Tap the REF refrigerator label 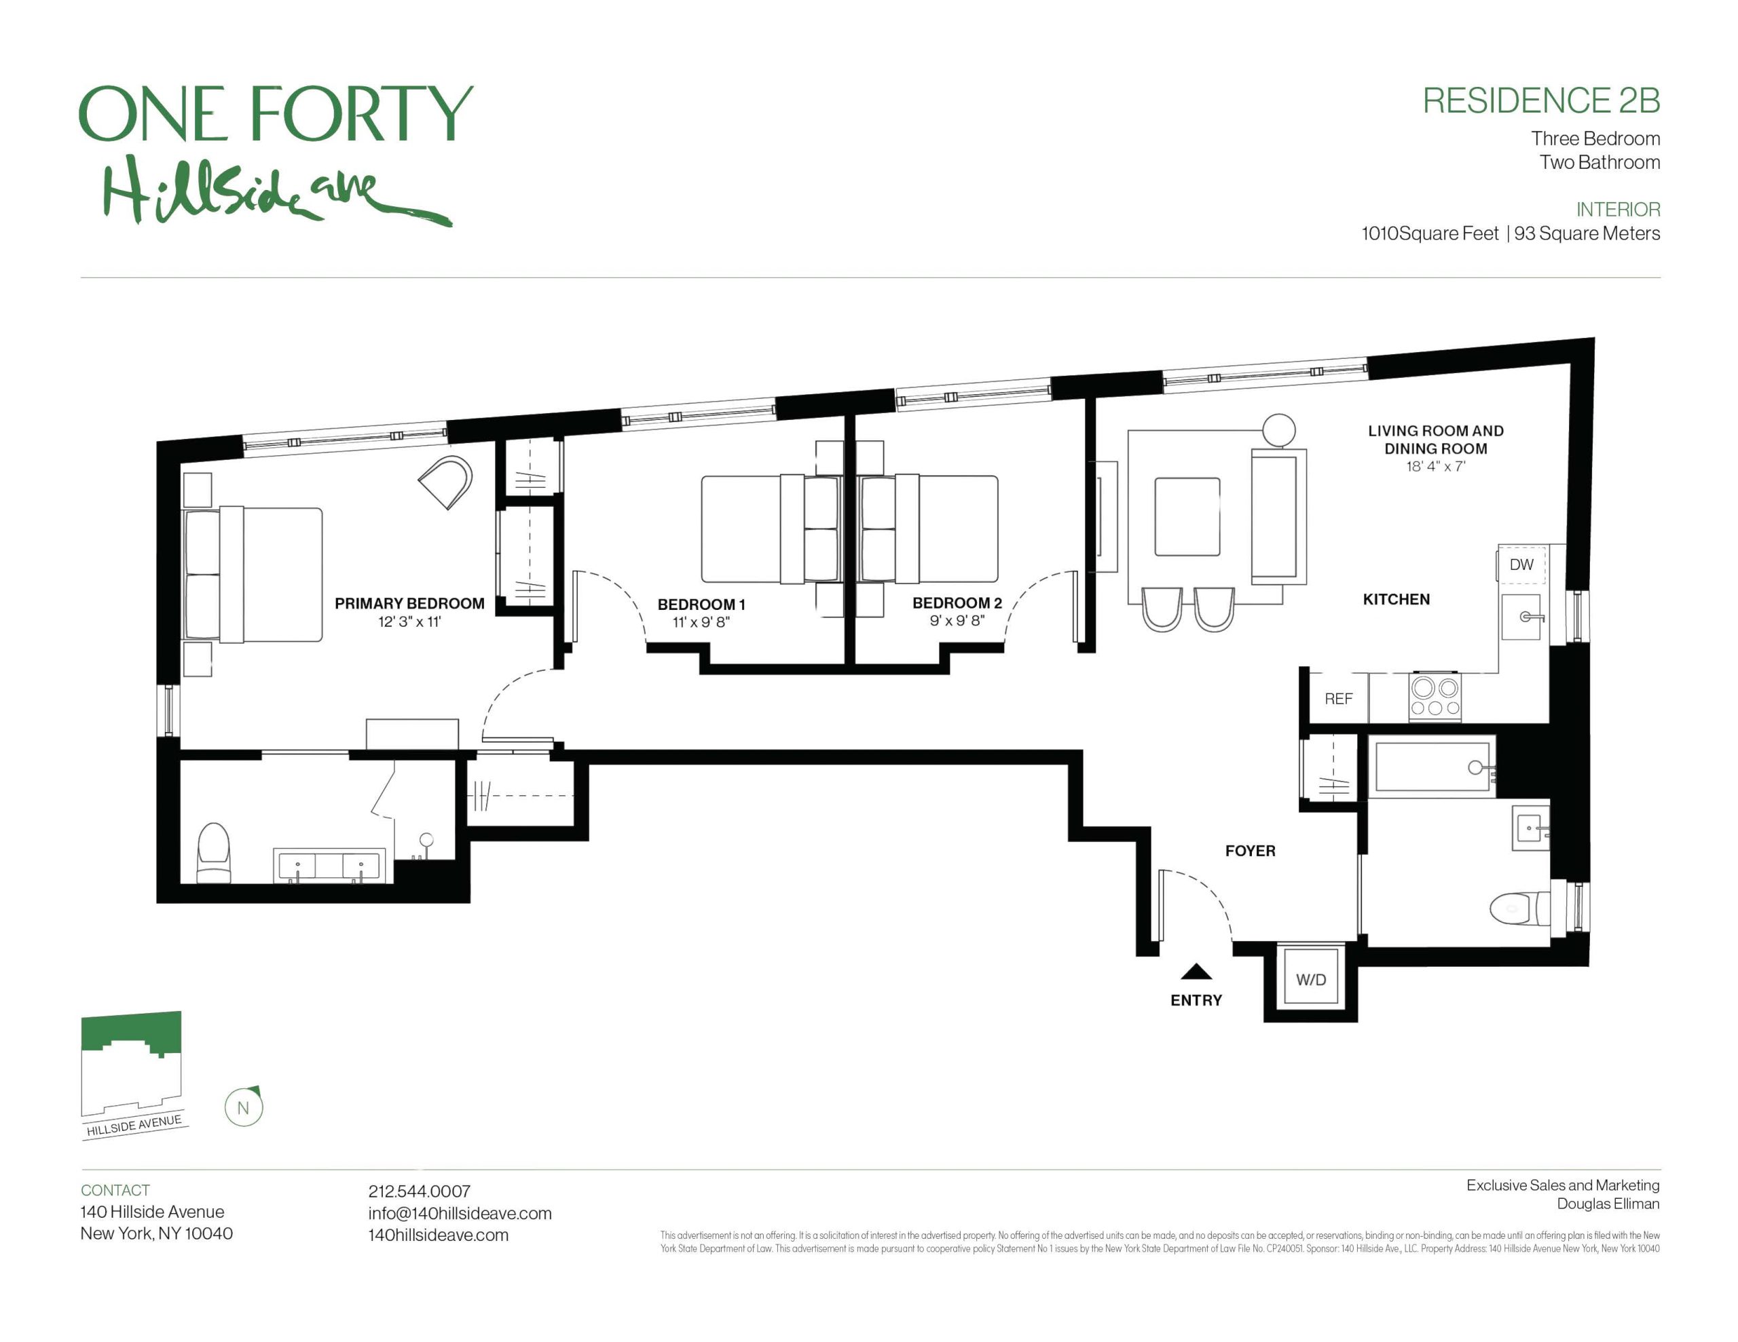1339,698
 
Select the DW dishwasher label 1521,564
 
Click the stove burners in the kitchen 1435,697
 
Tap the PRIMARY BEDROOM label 409,603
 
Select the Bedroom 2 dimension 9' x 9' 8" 957,621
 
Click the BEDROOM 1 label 701,604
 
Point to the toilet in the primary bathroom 213,853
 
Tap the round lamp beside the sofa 1279,430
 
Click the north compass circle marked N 244,1107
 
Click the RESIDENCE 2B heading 1540,101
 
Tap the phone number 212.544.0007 419,1191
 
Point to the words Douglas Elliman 1608,1204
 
